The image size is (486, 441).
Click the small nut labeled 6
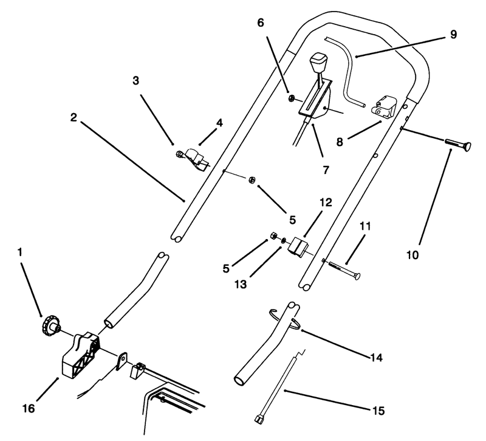point(292,98)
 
